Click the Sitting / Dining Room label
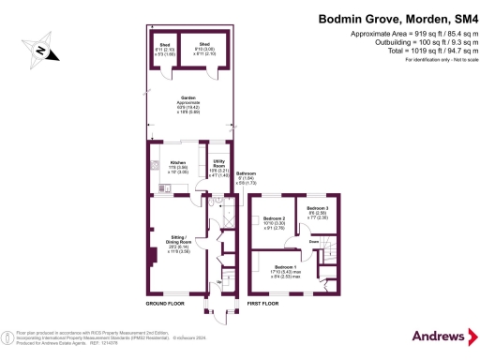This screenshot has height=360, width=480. (x=178, y=242)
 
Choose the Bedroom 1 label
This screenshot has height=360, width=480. (x=286, y=267)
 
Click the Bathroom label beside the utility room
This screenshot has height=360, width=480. (x=247, y=174)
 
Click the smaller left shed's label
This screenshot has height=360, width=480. (x=165, y=44)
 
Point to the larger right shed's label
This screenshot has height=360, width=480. (x=202, y=44)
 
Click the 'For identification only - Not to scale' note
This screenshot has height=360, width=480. (x=438, y=60)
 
